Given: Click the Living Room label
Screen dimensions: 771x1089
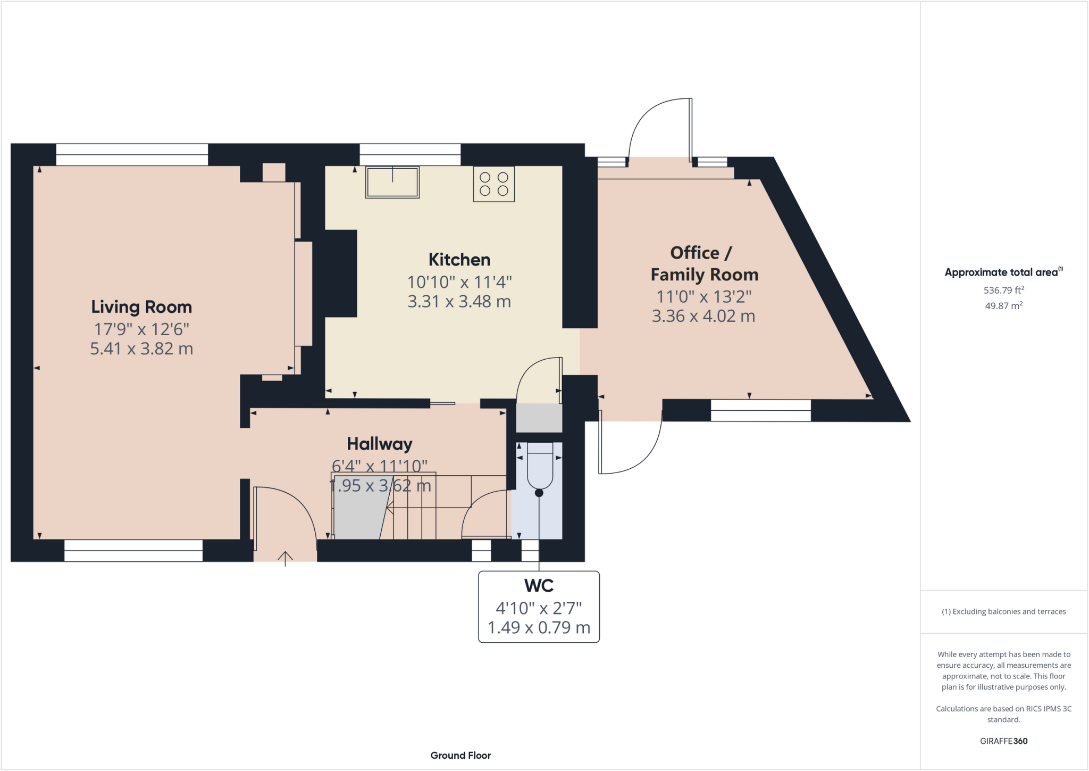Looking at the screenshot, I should click(141, 307).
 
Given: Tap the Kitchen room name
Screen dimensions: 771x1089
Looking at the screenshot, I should click(459, 260).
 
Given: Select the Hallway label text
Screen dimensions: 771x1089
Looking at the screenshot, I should click(380, 444).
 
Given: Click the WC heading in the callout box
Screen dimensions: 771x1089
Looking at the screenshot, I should click(539, 586).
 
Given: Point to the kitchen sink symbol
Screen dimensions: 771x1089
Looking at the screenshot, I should click(392, 182).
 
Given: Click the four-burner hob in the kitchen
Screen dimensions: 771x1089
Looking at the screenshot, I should click(494, 184).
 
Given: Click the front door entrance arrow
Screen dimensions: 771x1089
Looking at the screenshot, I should click(285, 558).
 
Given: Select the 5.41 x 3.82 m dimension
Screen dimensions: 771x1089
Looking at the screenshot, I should click(141, 349).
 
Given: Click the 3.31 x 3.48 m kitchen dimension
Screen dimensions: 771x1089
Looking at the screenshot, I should click(459, 302).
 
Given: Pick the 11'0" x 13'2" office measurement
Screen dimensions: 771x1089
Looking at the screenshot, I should click(703, 296).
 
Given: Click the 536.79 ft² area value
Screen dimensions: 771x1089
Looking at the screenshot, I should click(1003, 291).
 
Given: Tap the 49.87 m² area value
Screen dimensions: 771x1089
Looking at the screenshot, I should click(1003, 306).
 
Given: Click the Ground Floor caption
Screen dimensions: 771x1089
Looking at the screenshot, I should click(460, 756).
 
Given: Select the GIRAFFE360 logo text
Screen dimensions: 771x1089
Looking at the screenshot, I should click(1003, 741).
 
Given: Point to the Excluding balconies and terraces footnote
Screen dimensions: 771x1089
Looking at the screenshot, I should click(1003, 612).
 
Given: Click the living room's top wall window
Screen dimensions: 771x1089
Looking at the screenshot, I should click(132, 155).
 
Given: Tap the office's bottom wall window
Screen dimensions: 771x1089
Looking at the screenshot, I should click(760, 410).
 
